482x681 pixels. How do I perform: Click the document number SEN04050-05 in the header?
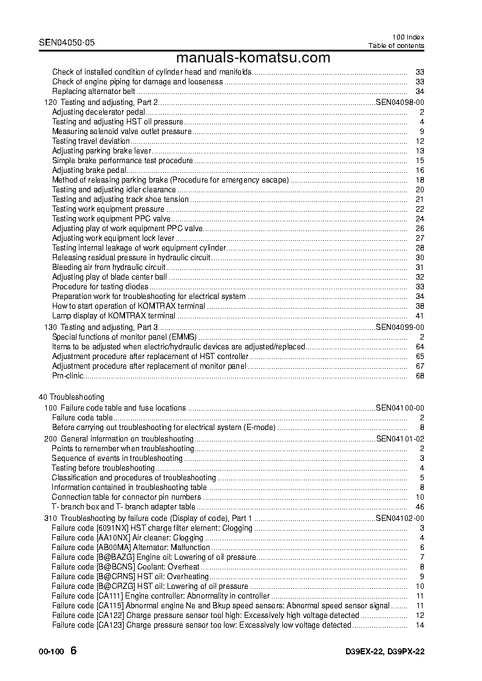66,43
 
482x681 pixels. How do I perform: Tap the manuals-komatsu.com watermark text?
254,58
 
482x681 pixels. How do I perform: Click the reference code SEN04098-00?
400,102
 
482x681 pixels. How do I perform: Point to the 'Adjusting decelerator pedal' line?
99,112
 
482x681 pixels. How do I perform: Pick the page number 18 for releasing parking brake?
419,180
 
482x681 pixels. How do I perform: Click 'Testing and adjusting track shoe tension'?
120,200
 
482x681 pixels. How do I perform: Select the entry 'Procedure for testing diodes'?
100,287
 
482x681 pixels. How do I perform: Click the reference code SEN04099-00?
400,327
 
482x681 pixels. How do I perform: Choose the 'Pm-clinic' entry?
68,376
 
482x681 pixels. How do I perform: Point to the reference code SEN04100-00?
400,408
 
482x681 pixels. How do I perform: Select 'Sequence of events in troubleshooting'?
117,458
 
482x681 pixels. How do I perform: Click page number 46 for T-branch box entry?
419,507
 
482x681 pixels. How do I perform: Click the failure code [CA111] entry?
109,596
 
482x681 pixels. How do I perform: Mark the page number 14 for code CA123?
419,625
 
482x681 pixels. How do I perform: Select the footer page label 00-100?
50,652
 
